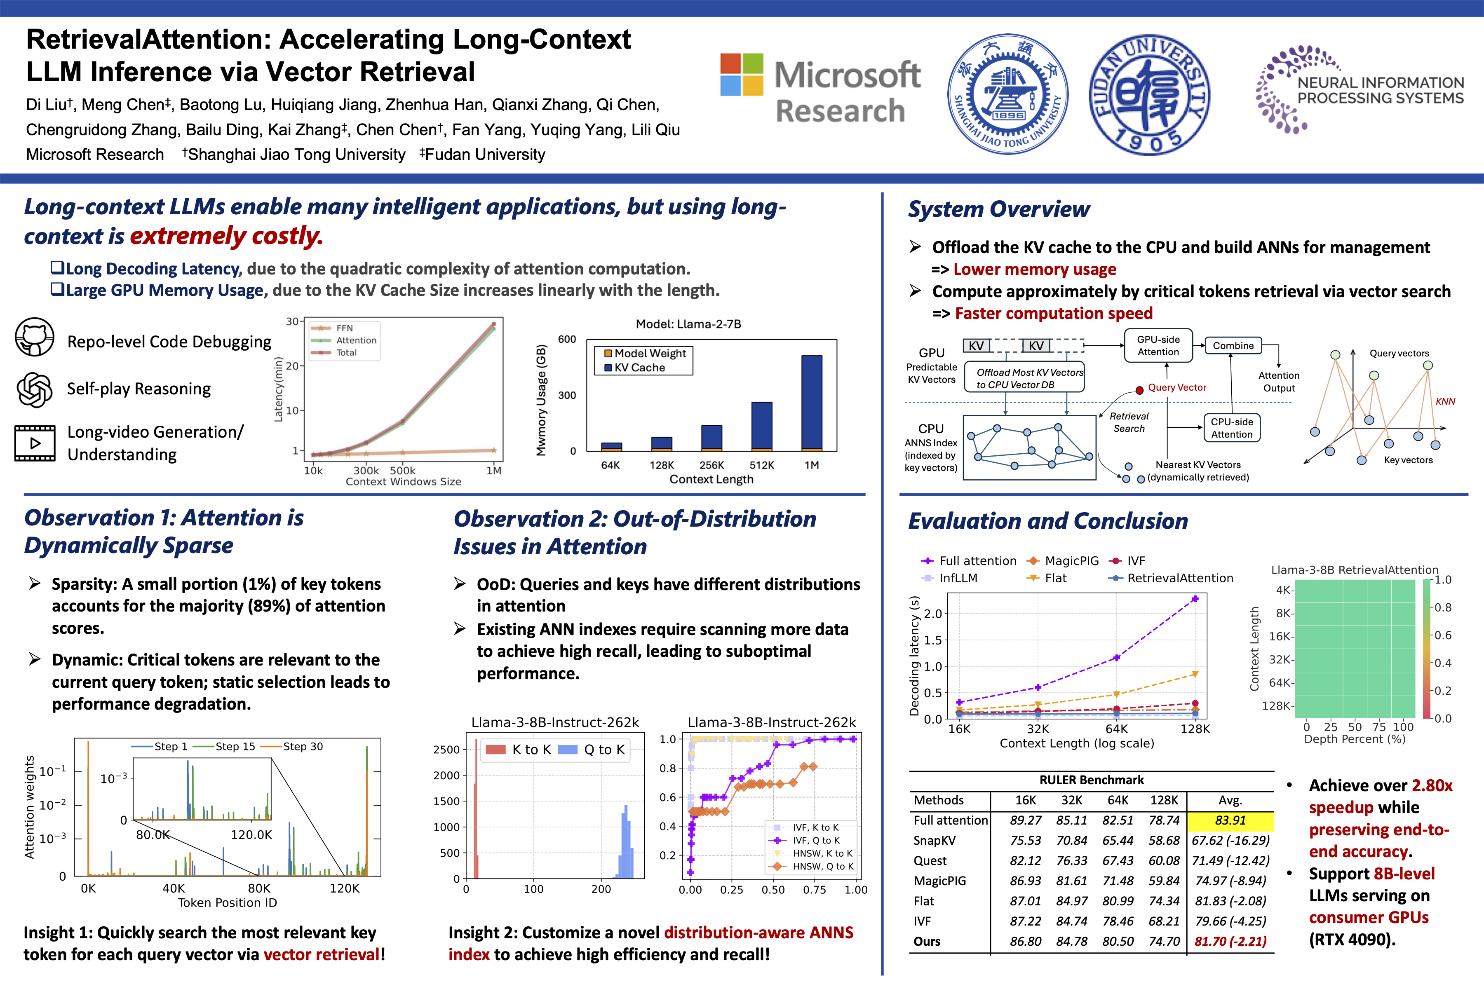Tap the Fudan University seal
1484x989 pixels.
tap(1150, 95)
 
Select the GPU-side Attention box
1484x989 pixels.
tap(1158, 346)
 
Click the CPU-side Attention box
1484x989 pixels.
tap(1232, 428)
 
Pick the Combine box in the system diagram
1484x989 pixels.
tap(1233, 346)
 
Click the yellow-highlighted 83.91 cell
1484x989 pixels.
tap(1230, 820)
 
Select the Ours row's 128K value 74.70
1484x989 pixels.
tap(1164, 942)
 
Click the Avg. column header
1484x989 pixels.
tap(1230, 800)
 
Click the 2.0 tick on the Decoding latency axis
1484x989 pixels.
tap(932, 614)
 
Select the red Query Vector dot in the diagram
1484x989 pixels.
tap(1139, 390)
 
